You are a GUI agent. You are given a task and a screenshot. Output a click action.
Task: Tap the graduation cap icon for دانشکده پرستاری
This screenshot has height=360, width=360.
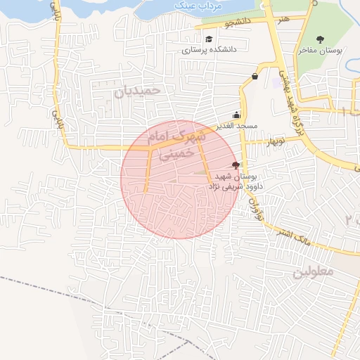[209, 39]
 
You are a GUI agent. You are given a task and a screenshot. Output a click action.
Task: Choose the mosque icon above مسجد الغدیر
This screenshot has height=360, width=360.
[236, 115]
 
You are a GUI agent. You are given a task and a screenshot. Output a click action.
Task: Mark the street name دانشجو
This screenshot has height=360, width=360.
[238, 23]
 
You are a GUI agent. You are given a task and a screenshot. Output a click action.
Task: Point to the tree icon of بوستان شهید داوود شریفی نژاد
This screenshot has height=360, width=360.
[236, 165]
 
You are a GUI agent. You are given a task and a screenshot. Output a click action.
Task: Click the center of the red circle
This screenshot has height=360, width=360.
[178, 179]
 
